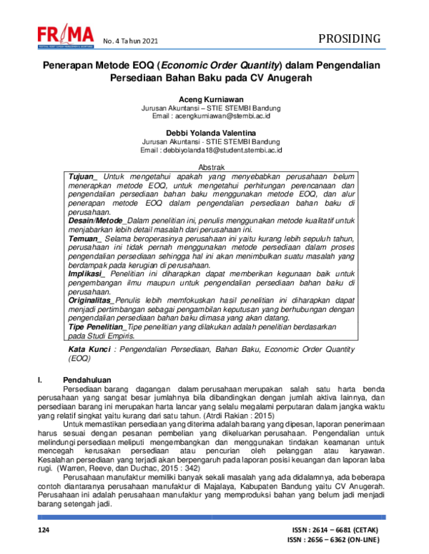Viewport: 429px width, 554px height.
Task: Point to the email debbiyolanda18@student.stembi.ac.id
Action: tap(229, 150)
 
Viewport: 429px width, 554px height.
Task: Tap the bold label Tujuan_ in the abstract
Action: tap(83, 176)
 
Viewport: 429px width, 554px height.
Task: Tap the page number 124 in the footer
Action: tap(44, 530)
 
